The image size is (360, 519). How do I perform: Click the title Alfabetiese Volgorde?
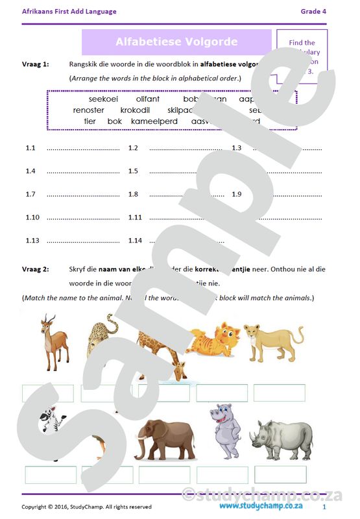pos(176,42)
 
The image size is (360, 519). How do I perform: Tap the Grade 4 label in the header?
pos(313,11)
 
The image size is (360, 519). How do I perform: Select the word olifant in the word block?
pos(148,99)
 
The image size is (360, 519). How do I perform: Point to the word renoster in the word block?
pos(89,110)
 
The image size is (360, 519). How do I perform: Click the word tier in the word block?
pos(90,121)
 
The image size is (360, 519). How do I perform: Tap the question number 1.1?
pos(30,148)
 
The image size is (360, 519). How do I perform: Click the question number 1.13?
pos(32,241)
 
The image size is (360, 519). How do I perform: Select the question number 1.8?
pos(133,194)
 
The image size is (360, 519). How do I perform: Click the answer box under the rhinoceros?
pos(280,474)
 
